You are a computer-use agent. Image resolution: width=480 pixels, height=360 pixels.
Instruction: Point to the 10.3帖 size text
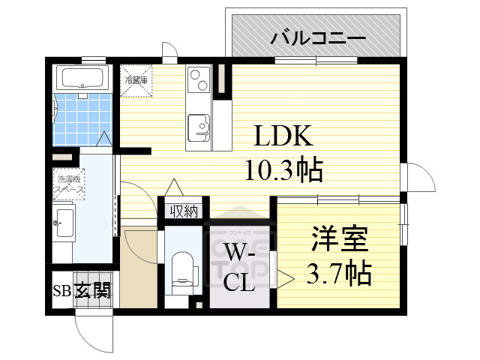click(284, 171)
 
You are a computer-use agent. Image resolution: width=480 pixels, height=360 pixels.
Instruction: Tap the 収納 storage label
click(183, 211)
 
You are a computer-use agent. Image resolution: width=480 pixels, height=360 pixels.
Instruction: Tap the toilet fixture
click(182, 270)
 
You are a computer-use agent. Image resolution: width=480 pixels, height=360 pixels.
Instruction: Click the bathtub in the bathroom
click(83, 78)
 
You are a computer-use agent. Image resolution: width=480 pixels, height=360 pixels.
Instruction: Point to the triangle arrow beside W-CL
click(286, 277)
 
